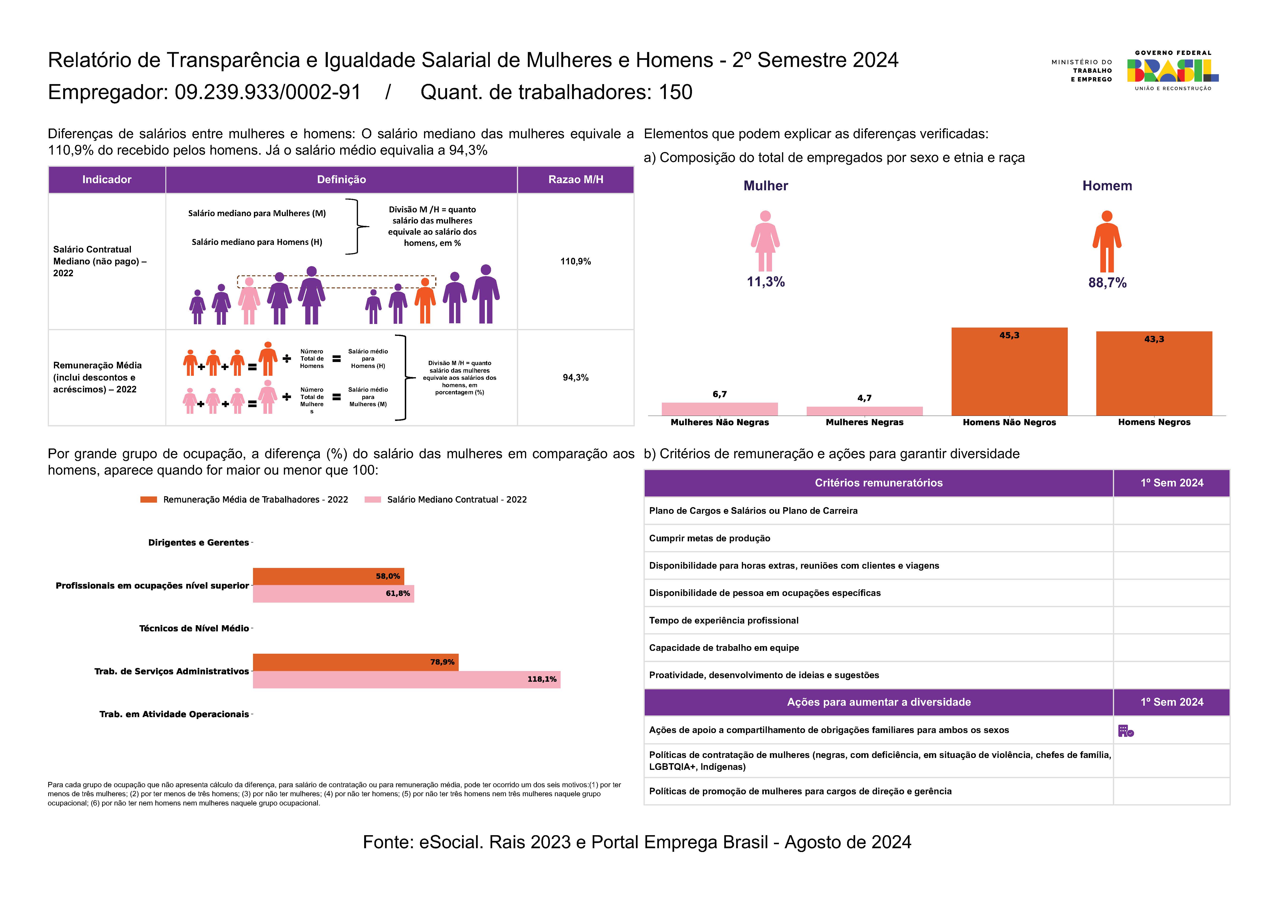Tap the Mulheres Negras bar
[864, 411]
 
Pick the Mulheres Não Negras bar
[720, 409]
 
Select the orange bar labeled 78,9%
[356, 662]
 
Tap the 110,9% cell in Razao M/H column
[576, 261]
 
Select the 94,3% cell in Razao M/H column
[576, 377]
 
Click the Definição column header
[342, 179]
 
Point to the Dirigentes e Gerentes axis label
[198, 542]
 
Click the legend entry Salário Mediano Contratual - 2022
[446, 499]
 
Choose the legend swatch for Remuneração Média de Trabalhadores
[149, 499]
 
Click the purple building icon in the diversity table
[1126, 731]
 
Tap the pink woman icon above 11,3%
[765, 241]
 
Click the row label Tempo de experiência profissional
[723, 620]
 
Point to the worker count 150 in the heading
[676, 92]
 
